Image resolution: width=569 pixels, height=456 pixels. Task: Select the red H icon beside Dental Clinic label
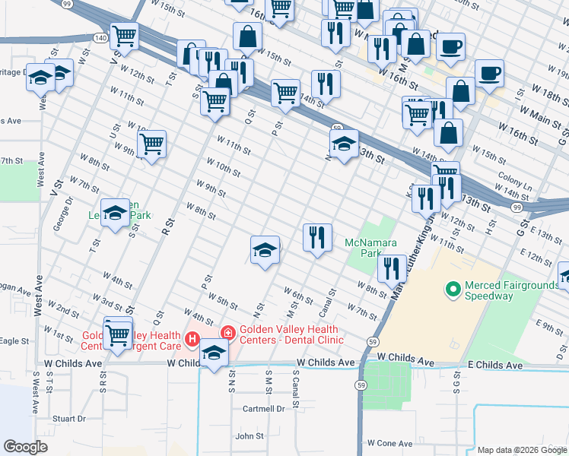point(227,333)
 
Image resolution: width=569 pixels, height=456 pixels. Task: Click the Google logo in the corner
point(25,446)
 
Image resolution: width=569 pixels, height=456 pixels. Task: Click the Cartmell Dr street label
point(263,408)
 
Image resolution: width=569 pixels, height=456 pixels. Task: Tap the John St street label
point(250,436)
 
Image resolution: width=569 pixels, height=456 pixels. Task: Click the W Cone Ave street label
point(389,442)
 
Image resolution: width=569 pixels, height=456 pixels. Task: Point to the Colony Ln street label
point(515,184)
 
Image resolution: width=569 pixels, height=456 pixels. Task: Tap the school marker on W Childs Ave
point(215,355)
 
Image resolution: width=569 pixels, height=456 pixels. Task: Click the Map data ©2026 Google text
point(521,450)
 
